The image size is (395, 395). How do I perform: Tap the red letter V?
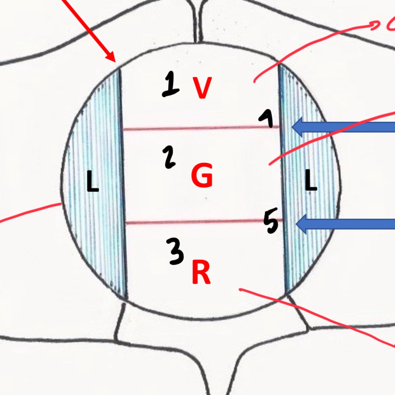[202, 88]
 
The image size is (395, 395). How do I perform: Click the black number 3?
[176, 251]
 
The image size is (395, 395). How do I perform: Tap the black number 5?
[271, 221]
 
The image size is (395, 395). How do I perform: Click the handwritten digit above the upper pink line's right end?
[267, 118]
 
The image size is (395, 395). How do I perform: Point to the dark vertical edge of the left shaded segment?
[123, 184]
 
